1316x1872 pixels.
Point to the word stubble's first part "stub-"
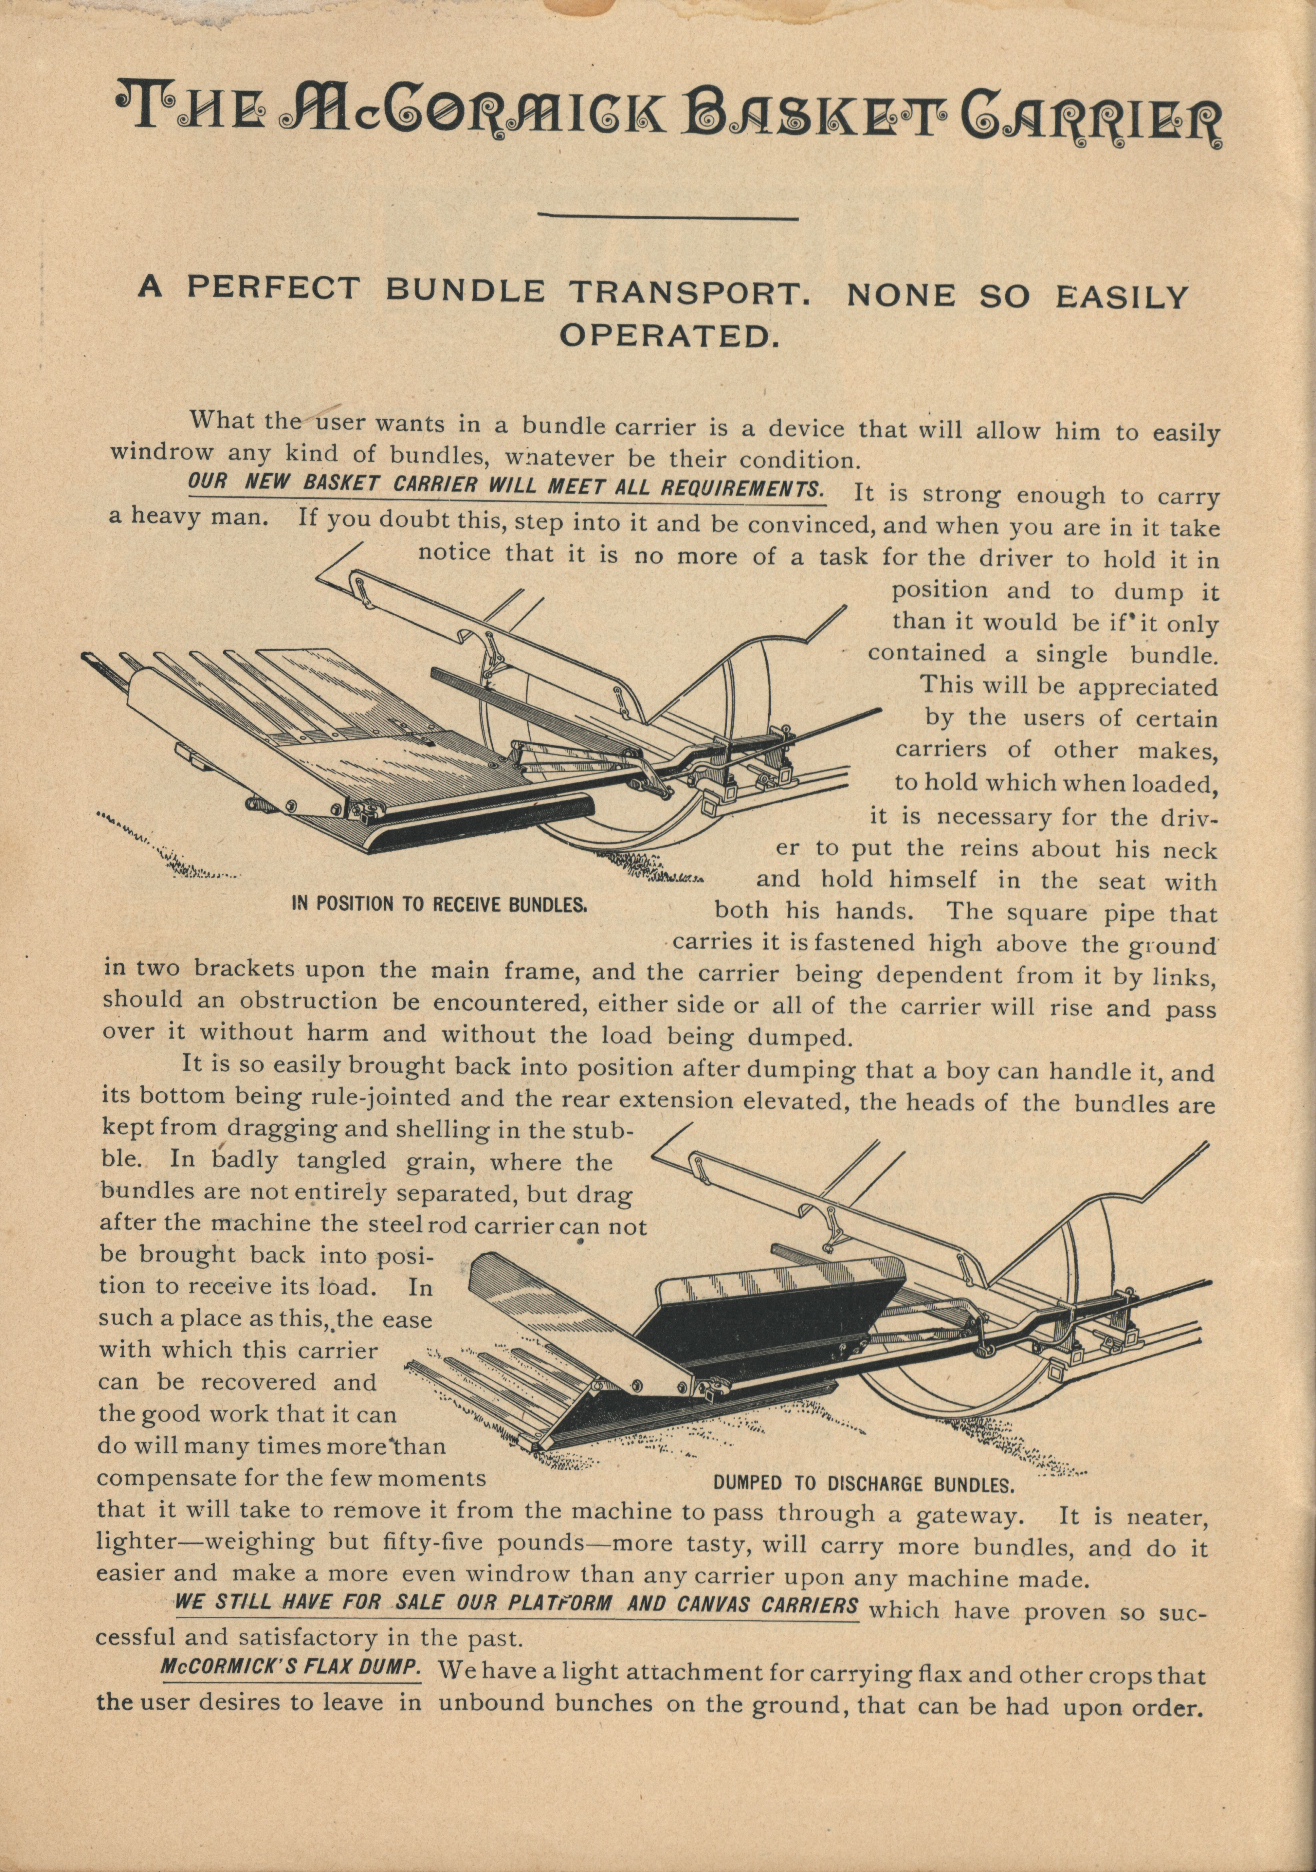pos(598,1131)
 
